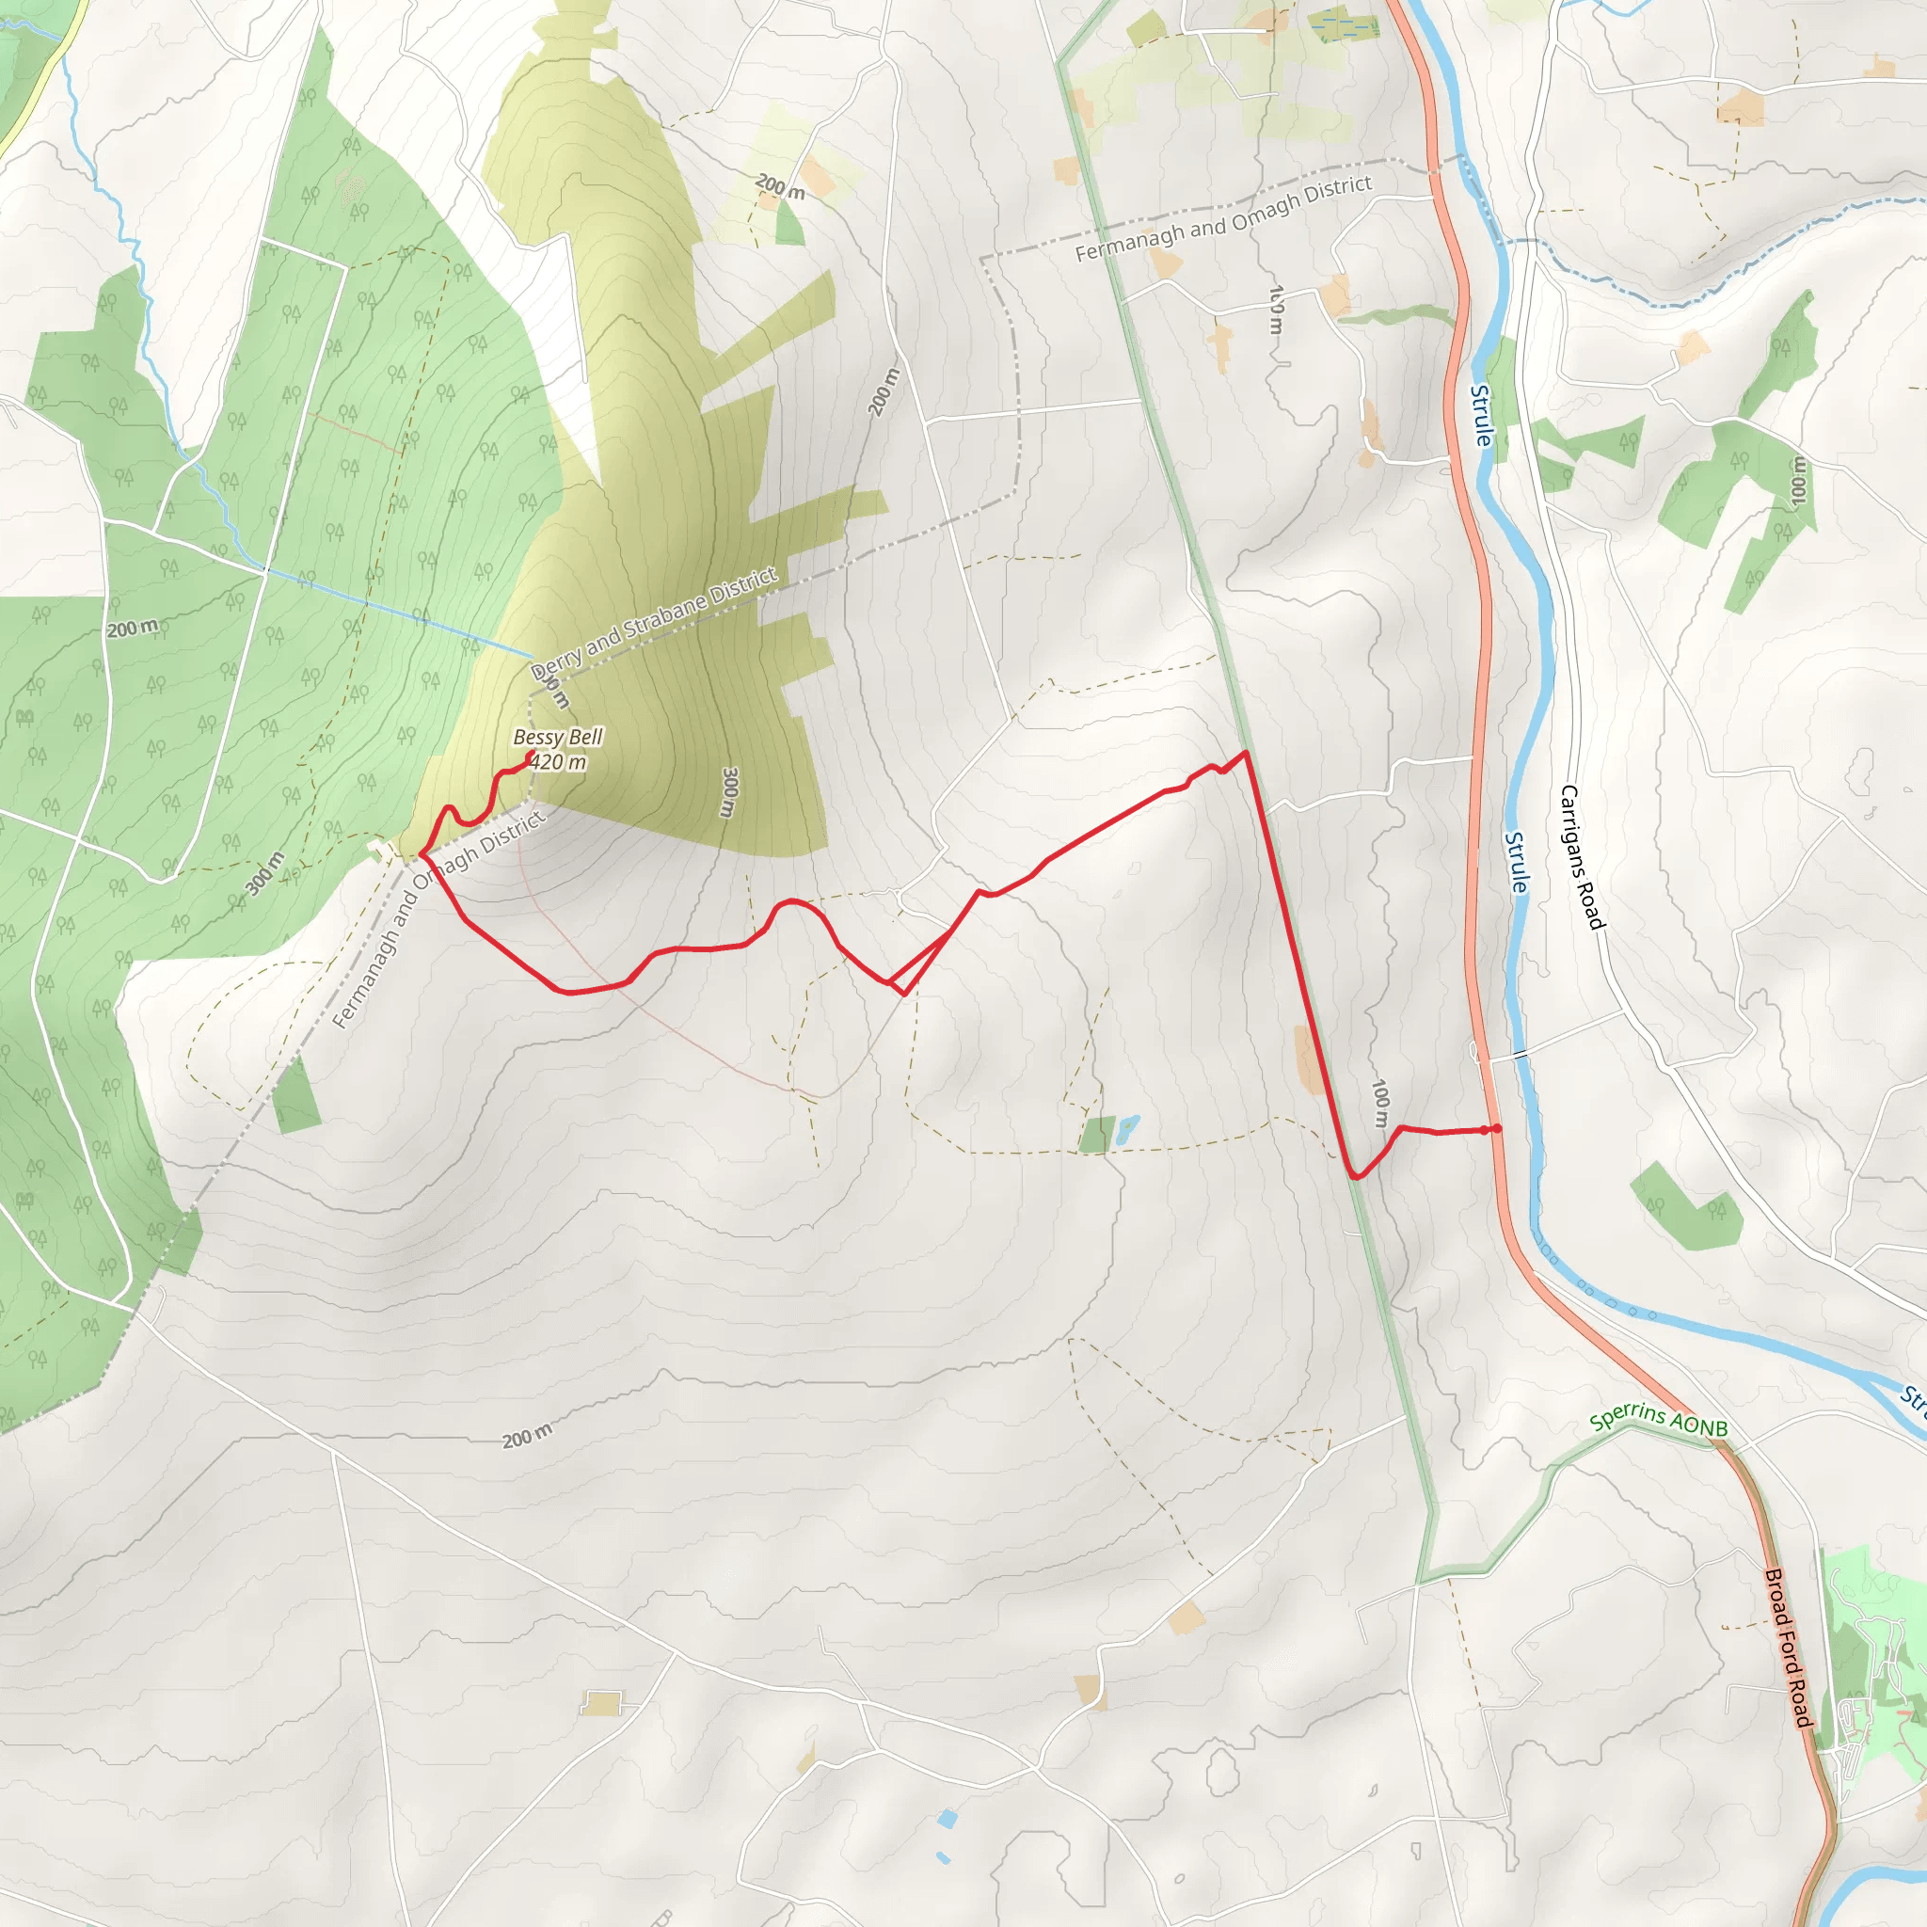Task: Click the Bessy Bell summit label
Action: click(558, 737)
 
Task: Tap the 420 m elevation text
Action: click(558, 762)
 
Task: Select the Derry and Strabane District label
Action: click(653, 622)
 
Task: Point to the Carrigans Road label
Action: click(1582, 857)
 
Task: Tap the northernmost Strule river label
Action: click(1482, 415)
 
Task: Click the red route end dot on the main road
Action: click(1496, 1129)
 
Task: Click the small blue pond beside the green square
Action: click(1127, 1129)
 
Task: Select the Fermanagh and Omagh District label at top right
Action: click(1223, 218)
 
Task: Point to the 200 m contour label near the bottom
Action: click(526, 1438)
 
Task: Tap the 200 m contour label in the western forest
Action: click(133, 629)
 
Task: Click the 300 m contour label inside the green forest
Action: click(265, 874)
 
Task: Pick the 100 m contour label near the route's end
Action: click(1380, 1102)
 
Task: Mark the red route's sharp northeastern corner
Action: click(1246, 752)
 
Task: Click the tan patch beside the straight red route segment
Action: click(1310, 1059)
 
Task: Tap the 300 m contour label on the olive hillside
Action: click(730, 793)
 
